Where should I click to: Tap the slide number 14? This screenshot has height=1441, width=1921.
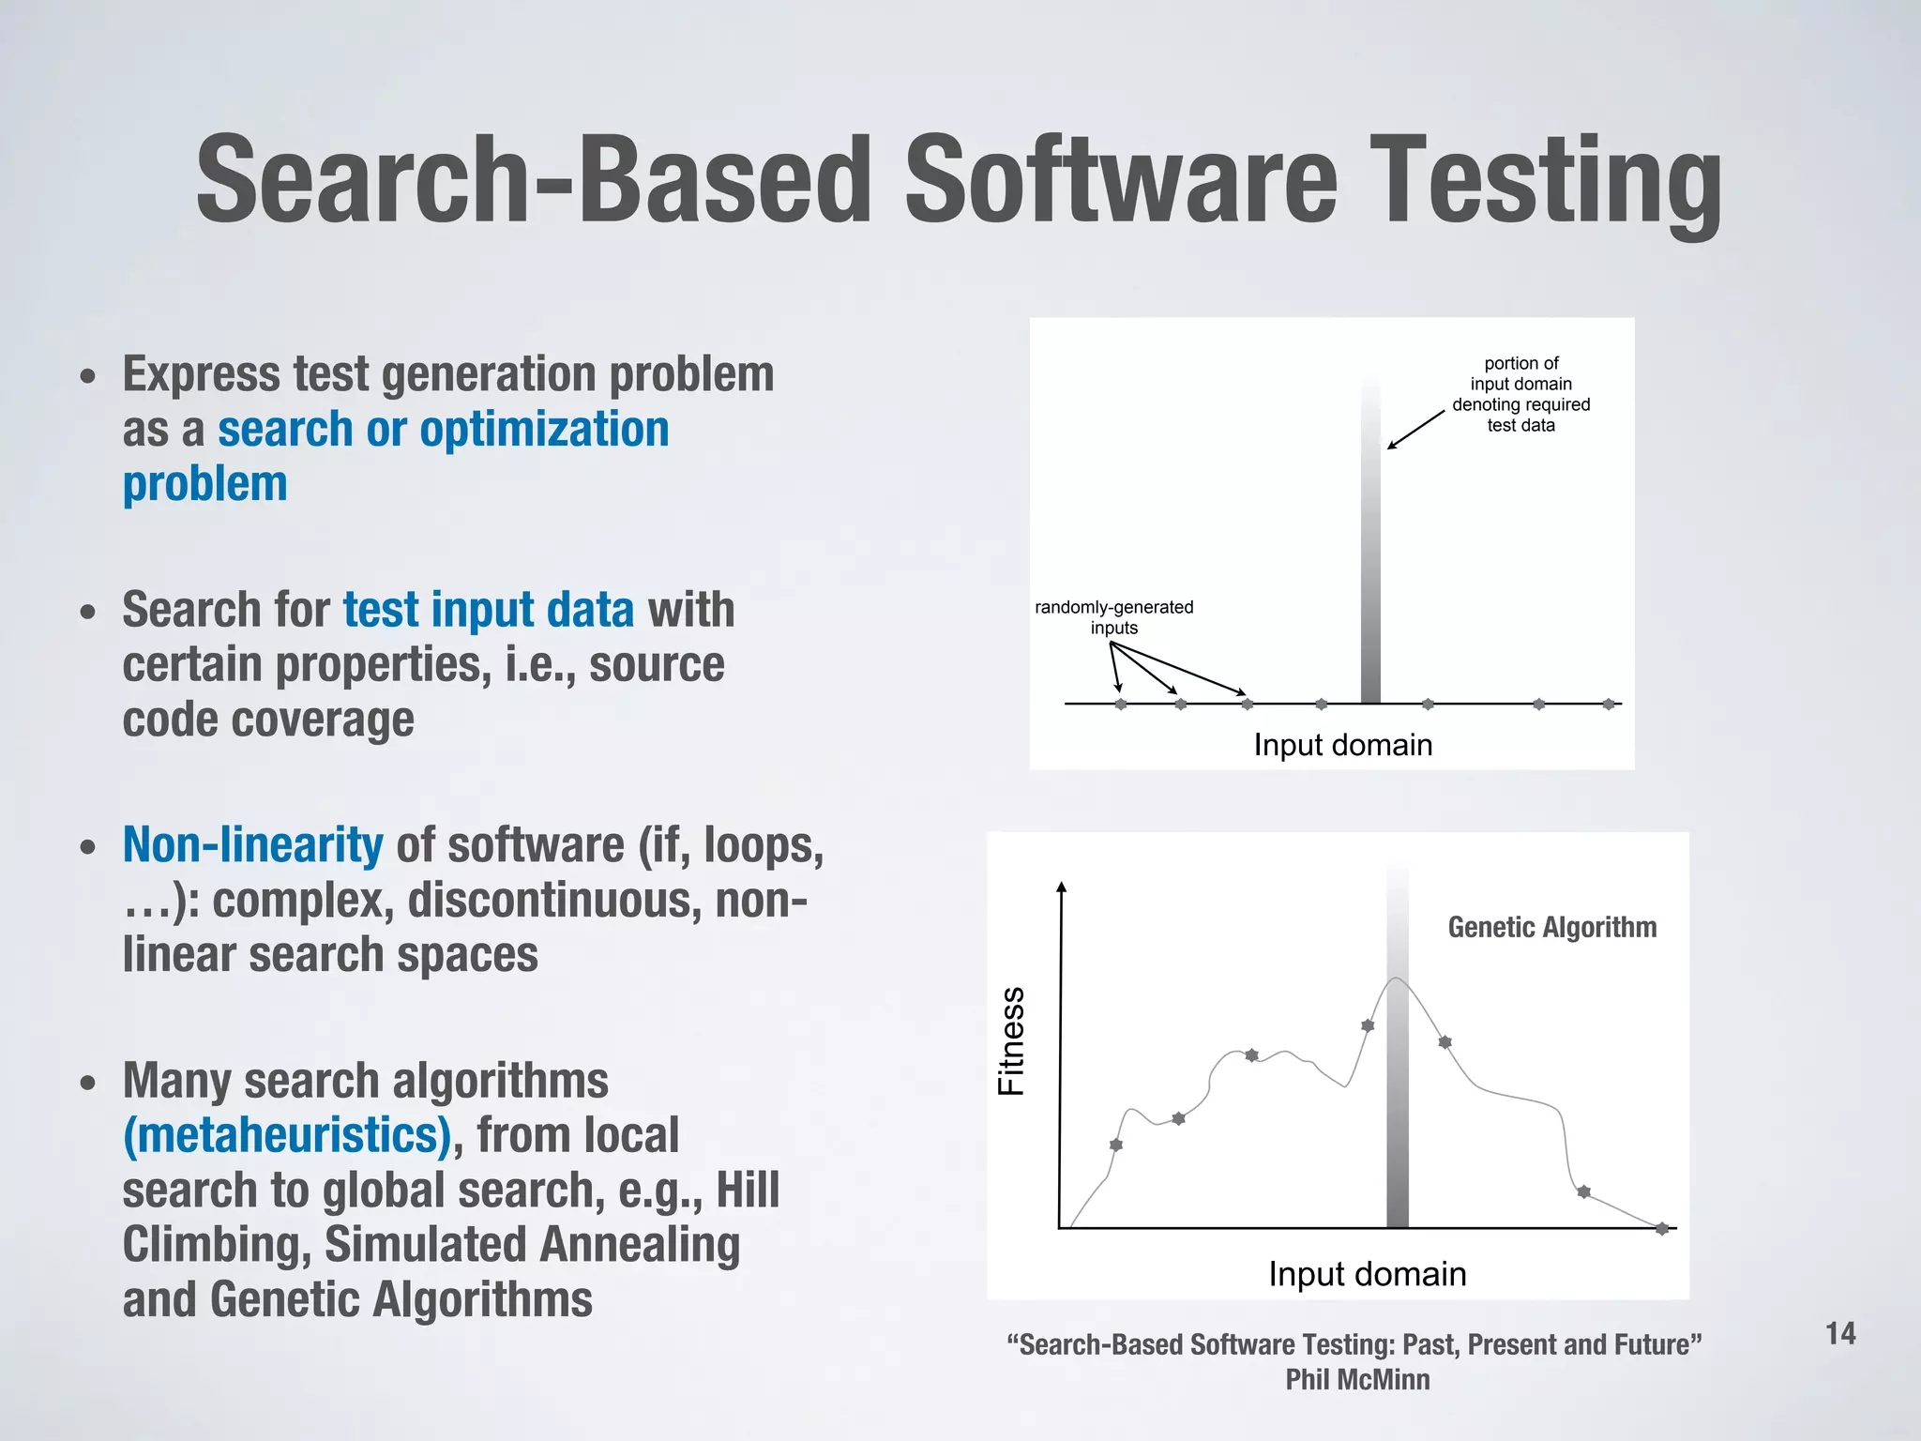[1840, 1333]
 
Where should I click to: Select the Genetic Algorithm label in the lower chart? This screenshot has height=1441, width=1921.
[1551, 927]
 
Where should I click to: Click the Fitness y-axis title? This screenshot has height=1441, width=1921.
[1011, 1041]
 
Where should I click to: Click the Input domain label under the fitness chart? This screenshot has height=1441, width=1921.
[1367, 1274]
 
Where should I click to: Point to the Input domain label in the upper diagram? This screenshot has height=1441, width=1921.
[1342, 745]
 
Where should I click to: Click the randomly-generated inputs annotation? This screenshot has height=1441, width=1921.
[1113, 617]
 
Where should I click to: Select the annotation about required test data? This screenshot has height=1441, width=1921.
[1520, 394]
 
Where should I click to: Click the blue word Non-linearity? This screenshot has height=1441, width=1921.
[252, 844]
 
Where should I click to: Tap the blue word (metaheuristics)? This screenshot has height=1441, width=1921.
[287, 1135]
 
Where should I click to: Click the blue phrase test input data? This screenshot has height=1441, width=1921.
[488, 610]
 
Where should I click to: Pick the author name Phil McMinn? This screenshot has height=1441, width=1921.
[1356, 1380]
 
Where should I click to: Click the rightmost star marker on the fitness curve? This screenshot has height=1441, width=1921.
[1661, 1229]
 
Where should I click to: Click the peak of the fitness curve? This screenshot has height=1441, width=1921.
[1397, 979]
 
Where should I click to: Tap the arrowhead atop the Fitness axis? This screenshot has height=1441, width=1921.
[1061, 887]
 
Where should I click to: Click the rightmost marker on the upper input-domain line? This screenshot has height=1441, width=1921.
[1608, 704]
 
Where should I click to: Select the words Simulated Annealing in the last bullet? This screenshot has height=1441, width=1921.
[532, 1245]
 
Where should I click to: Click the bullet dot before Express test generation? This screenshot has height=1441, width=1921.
[88, 377]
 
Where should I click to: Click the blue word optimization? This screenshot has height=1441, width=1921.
[544, 430]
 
